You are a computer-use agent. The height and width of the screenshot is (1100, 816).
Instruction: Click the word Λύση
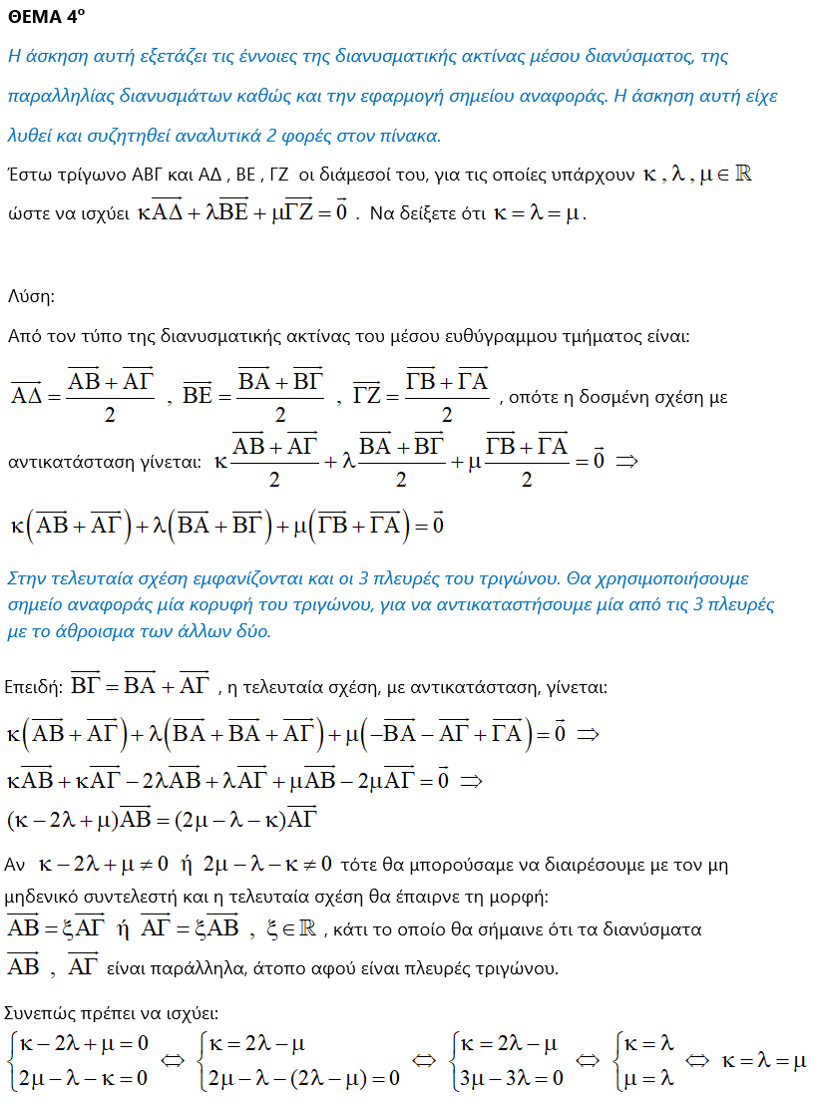[x=31, y=297]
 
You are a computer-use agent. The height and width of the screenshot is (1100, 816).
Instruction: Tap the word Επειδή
[x=33, y=687]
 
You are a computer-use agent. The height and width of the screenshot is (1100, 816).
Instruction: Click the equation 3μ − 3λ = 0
[x=509, y=1077]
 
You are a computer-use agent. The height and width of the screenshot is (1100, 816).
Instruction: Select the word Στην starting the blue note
[x=27, y=578]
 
